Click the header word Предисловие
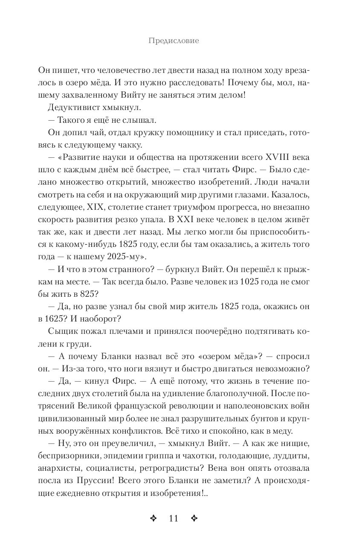pos(174,41)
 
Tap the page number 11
pos(173,518)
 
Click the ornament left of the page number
pos(154,518)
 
